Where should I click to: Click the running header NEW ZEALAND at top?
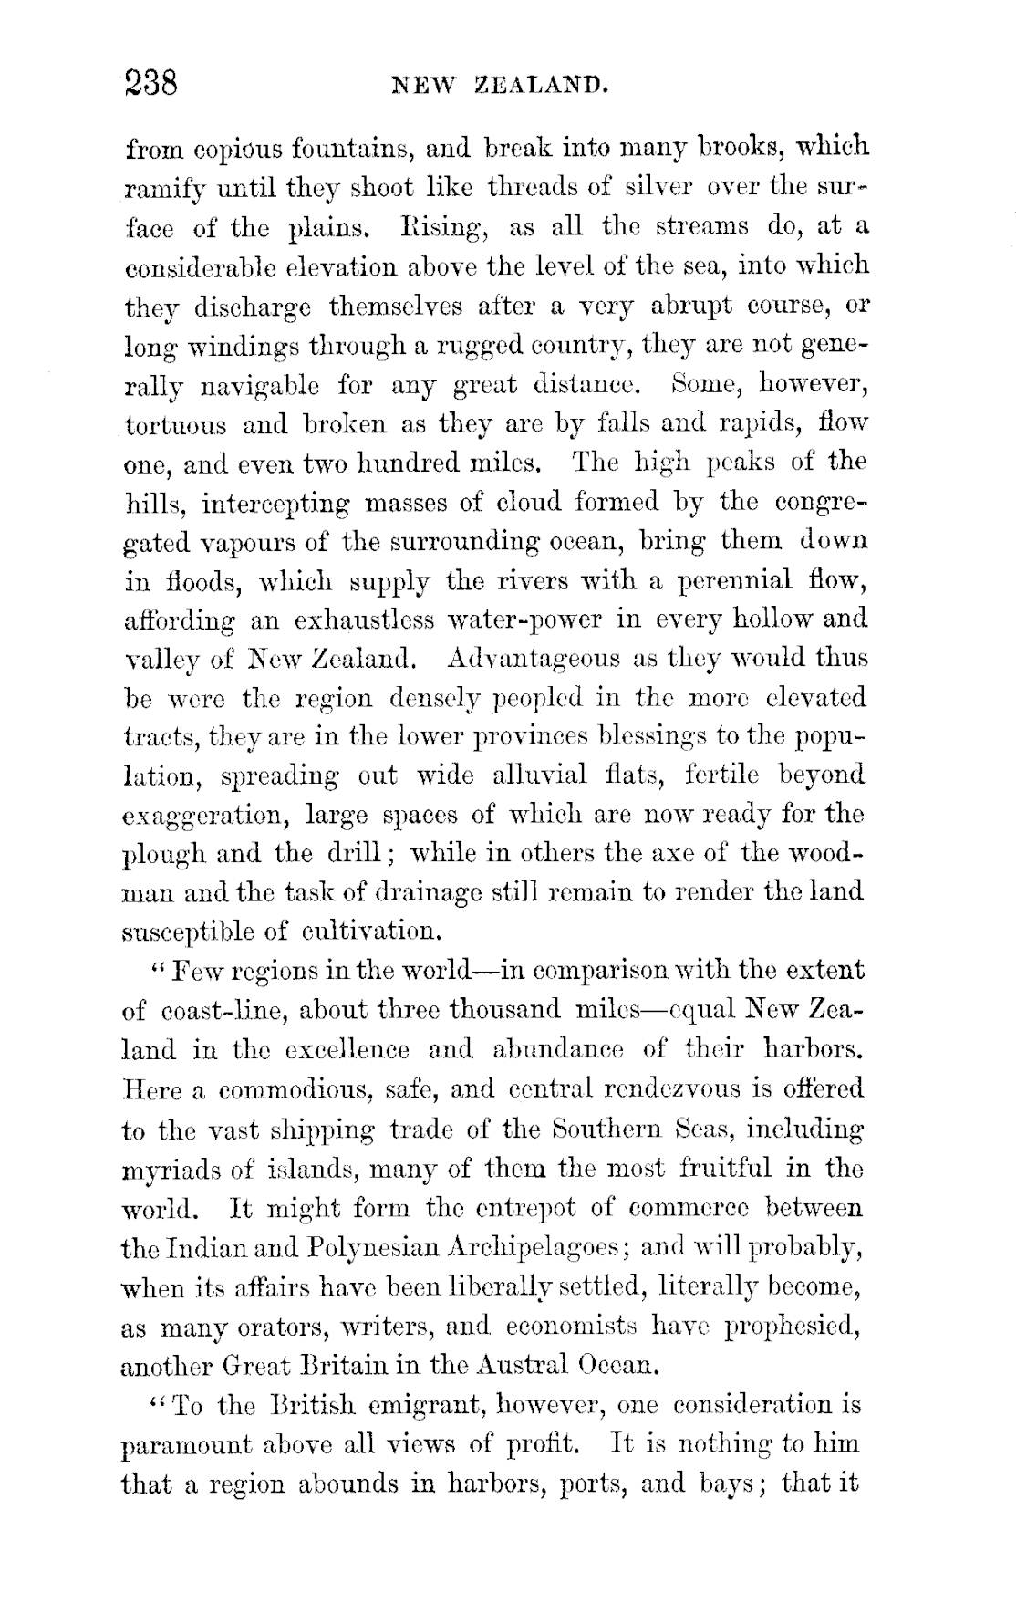pyautogui.click(x=499, y=87)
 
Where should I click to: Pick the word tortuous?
pyautogui.click(x=175, y=425)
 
